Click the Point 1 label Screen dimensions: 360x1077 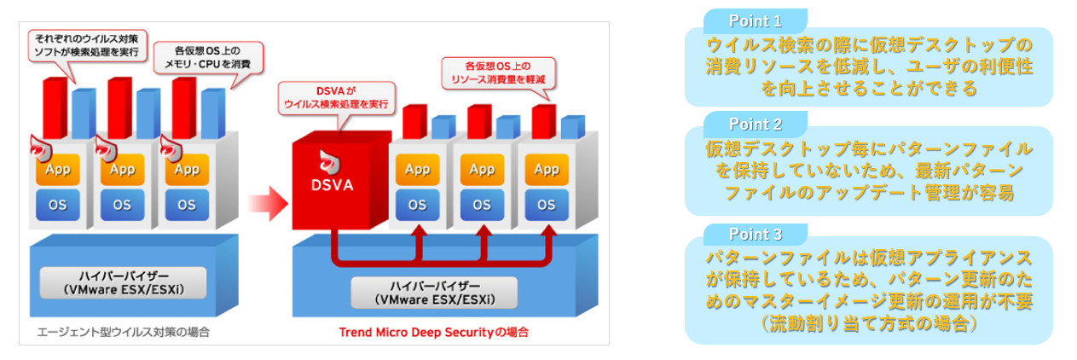click(755, 20)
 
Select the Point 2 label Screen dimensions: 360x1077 click(755, 125)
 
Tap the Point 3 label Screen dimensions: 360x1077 click(755, 234)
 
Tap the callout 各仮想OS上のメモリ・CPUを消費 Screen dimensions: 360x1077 click(206, 55)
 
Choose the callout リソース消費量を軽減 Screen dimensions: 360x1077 click(498, 73)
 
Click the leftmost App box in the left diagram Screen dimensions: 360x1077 click(57, 169)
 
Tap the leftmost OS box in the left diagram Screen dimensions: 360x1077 click(57, 205)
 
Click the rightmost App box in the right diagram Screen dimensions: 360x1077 click(547, 169)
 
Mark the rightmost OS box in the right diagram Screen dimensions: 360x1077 click(547, 205)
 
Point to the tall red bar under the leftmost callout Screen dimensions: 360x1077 click(54, 107)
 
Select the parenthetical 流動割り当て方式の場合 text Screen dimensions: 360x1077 click(868, 325)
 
